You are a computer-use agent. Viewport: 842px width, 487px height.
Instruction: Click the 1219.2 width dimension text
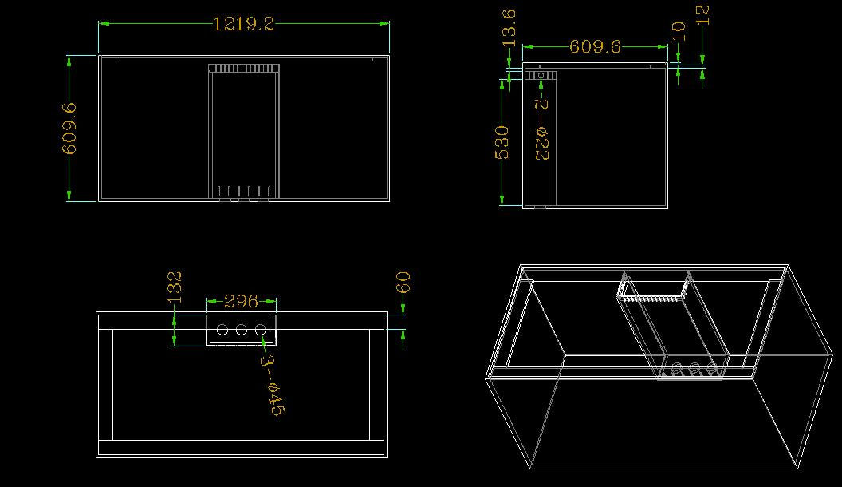(244, 24)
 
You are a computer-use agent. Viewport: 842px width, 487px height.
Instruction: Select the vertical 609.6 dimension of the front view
(69, 129)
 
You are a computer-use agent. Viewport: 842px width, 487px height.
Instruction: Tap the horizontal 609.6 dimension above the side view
(595, 47)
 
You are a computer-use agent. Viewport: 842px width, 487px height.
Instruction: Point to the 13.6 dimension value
(509, 27)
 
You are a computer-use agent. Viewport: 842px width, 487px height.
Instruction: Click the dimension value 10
(679, 31)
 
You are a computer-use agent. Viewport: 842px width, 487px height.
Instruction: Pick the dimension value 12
(702, 15)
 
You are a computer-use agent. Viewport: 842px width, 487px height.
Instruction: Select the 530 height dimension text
(502, 142)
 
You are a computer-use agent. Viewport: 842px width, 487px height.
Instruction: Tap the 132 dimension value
(175, 287)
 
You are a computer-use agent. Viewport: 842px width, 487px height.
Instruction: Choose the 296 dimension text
(241, 301)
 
